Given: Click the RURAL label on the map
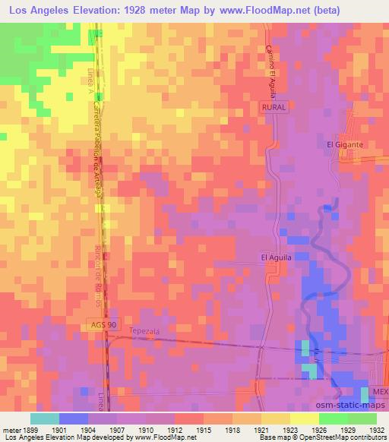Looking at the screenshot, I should pos(274,108).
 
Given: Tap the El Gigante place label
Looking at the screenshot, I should pos(345,144).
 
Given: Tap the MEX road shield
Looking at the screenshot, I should pos(380,391).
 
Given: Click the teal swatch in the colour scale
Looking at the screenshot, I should pos(44,418).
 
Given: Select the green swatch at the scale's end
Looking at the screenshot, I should pos(362,418).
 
